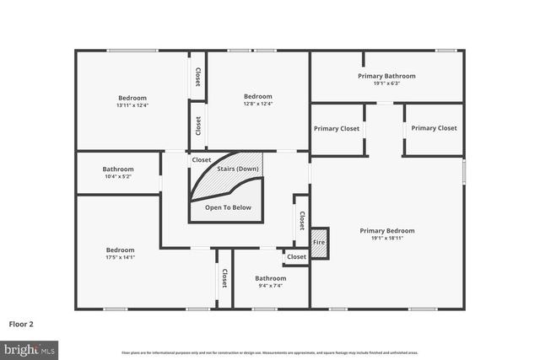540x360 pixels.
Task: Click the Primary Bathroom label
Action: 386,76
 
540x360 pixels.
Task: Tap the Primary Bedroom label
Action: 387,230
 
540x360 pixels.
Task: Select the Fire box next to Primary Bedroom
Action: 319,242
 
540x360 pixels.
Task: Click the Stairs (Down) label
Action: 238,169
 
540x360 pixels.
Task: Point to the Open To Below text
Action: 228,207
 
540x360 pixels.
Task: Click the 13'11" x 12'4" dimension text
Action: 132,105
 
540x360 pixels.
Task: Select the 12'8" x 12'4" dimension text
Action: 257,105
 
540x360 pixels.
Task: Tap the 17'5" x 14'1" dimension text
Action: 120,257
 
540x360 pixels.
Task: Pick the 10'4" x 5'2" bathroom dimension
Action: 118,176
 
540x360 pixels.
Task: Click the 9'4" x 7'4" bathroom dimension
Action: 271,285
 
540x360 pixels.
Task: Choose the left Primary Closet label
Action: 337,128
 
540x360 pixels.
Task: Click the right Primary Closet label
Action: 434,128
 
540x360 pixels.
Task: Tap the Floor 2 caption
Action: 21,323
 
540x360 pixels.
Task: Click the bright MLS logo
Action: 30,347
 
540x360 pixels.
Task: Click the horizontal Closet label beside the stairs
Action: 202,159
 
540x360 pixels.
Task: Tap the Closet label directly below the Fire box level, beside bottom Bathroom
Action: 296,256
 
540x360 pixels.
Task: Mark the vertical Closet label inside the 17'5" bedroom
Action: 224,278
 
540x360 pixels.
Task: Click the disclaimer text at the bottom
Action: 269,352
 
